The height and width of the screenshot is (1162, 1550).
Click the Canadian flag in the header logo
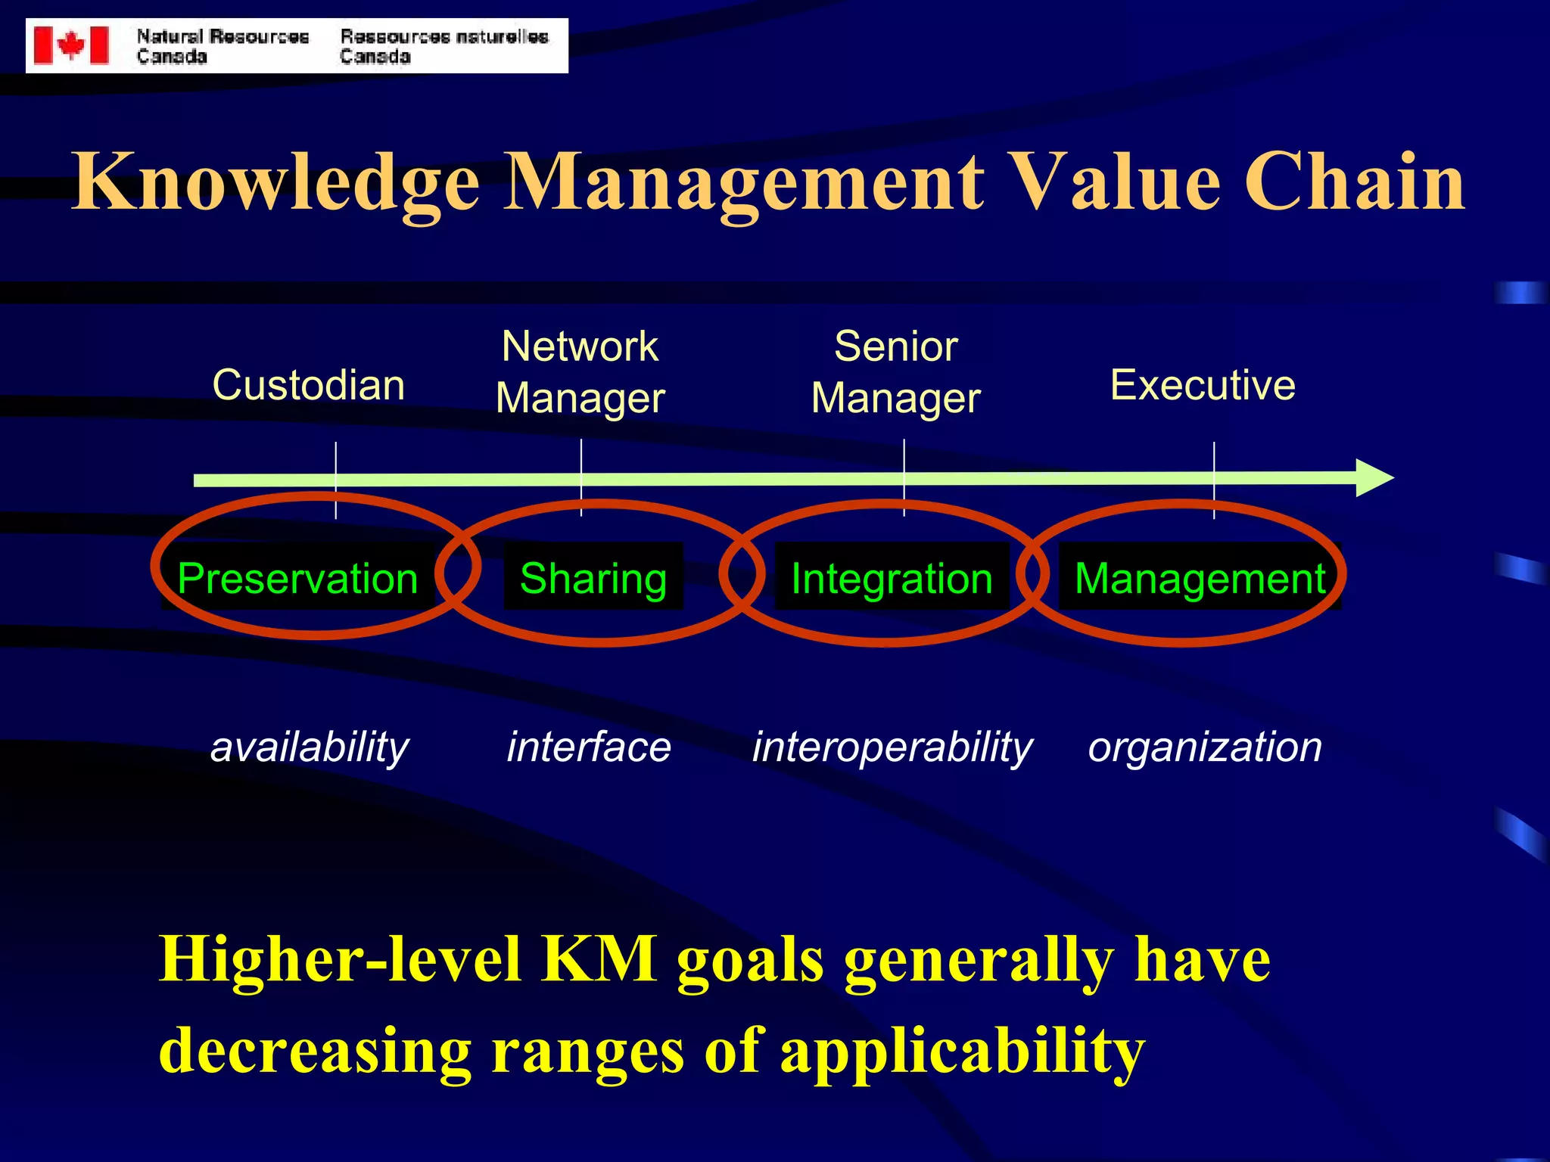point(71,45)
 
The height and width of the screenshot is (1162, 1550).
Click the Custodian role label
point(309,385)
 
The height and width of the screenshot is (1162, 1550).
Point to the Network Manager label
point(580,372)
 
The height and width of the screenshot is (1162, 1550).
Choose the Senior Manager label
point(896,372)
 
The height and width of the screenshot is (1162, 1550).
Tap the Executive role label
point(1203,385)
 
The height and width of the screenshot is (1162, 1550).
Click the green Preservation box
point(297,579)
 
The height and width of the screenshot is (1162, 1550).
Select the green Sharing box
point(593,579)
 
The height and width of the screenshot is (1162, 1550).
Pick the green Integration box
point(892,579)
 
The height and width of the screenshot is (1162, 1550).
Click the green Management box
point(1200,579)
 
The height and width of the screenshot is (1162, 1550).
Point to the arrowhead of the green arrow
point(1374,477)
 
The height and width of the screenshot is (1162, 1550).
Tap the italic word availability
point(310,747)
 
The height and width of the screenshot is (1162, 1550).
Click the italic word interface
point(589,747)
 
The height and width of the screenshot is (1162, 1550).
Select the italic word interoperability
point(892,747)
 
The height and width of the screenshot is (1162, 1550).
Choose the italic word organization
point(1205,747)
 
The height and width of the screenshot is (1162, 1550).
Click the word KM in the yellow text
point(599,959)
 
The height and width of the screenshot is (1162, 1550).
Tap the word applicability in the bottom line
point(962,1052)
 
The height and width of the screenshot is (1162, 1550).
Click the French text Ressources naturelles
point(444,36)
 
